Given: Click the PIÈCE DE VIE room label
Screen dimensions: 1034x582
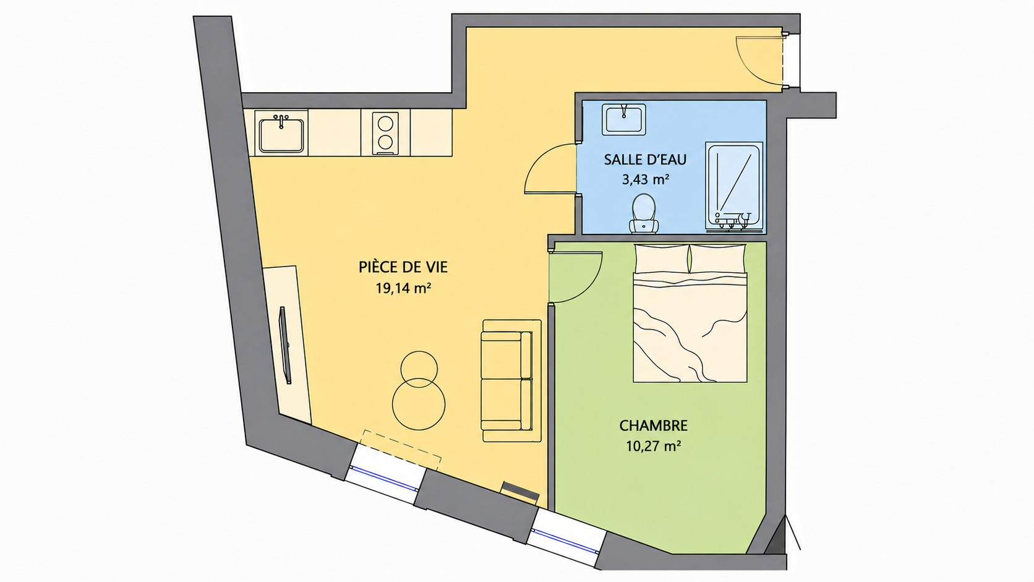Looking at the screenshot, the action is tap(403, 267).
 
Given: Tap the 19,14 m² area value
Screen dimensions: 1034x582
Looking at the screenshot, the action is tap(403, 288).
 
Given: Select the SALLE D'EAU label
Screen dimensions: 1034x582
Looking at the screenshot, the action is tap(646, 159).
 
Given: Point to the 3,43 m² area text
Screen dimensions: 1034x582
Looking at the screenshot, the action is tap(646, 179).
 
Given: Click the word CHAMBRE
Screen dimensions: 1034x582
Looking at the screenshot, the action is tap(653, 425).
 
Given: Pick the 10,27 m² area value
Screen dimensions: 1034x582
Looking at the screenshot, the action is tap(654, 446).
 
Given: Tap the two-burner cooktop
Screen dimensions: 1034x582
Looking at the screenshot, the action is tap(385, 133).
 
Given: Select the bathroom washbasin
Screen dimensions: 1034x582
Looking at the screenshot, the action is tap(623, 119).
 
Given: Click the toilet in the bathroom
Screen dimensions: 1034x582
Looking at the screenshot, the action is tap(644, 213).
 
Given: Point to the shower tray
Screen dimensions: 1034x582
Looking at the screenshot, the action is tap(734, 186).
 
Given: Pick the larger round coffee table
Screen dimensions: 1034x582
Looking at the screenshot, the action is tap(419, 404).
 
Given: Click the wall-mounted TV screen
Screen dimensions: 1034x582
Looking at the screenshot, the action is tap(285, 344).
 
